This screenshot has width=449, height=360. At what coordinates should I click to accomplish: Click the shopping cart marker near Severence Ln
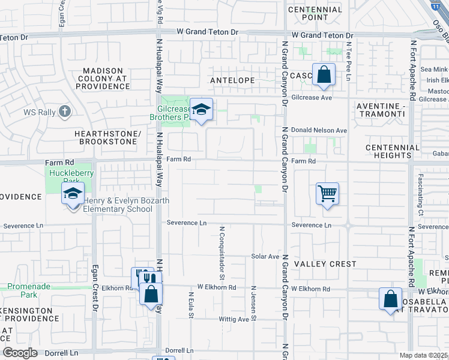(x=327, y=194)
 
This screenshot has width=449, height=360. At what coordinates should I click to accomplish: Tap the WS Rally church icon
(x=65, y=111)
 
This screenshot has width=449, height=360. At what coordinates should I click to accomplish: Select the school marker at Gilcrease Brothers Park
(x=202, y=109)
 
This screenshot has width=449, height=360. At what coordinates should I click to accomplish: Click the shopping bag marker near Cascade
(x=324, y=76)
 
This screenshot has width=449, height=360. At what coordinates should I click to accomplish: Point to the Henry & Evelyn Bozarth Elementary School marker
(x=73, y=194)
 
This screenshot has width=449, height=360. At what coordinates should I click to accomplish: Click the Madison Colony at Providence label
(x=98, y=79)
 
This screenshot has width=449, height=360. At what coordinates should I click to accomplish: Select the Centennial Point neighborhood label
(x=315, y=14)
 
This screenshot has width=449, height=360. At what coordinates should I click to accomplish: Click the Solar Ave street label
(x=265, y=256)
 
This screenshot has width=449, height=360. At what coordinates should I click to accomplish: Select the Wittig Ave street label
(x=234, y=320)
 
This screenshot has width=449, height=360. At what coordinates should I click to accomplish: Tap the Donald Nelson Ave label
(x=319, y=130)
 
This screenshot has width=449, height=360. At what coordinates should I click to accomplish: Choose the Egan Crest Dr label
(x=95, y=288)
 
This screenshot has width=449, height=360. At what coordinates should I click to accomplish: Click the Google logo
(x=19, y=353)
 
